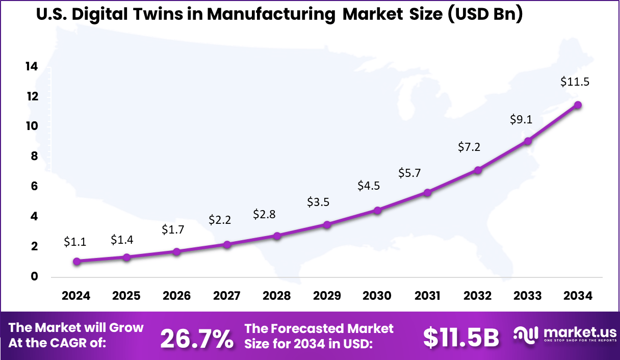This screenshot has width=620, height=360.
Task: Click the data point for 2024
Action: pos(76,262)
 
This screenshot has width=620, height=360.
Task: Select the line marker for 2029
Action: pos(327,224)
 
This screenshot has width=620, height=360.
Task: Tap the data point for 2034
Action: pos(578,105)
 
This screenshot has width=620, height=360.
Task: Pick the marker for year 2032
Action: pos(478,170)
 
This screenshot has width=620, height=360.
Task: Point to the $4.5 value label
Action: pos(369,186)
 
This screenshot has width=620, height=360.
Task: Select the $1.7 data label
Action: pos(173,229)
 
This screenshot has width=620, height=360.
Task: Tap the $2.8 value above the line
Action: pos(264,214)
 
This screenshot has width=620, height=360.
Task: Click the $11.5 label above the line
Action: pos(575,82)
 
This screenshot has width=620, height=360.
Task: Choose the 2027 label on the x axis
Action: pos(226,296)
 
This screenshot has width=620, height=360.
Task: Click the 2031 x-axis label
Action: pos(427,296)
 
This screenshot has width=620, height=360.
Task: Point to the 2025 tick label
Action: pos(126,296)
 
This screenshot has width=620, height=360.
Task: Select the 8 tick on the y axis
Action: pos(34,157)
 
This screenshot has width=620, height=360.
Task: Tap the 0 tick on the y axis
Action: pos(34,277)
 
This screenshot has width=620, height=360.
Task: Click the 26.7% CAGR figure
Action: pos(197,338)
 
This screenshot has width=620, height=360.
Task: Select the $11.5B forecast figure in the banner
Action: pos(461,337)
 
